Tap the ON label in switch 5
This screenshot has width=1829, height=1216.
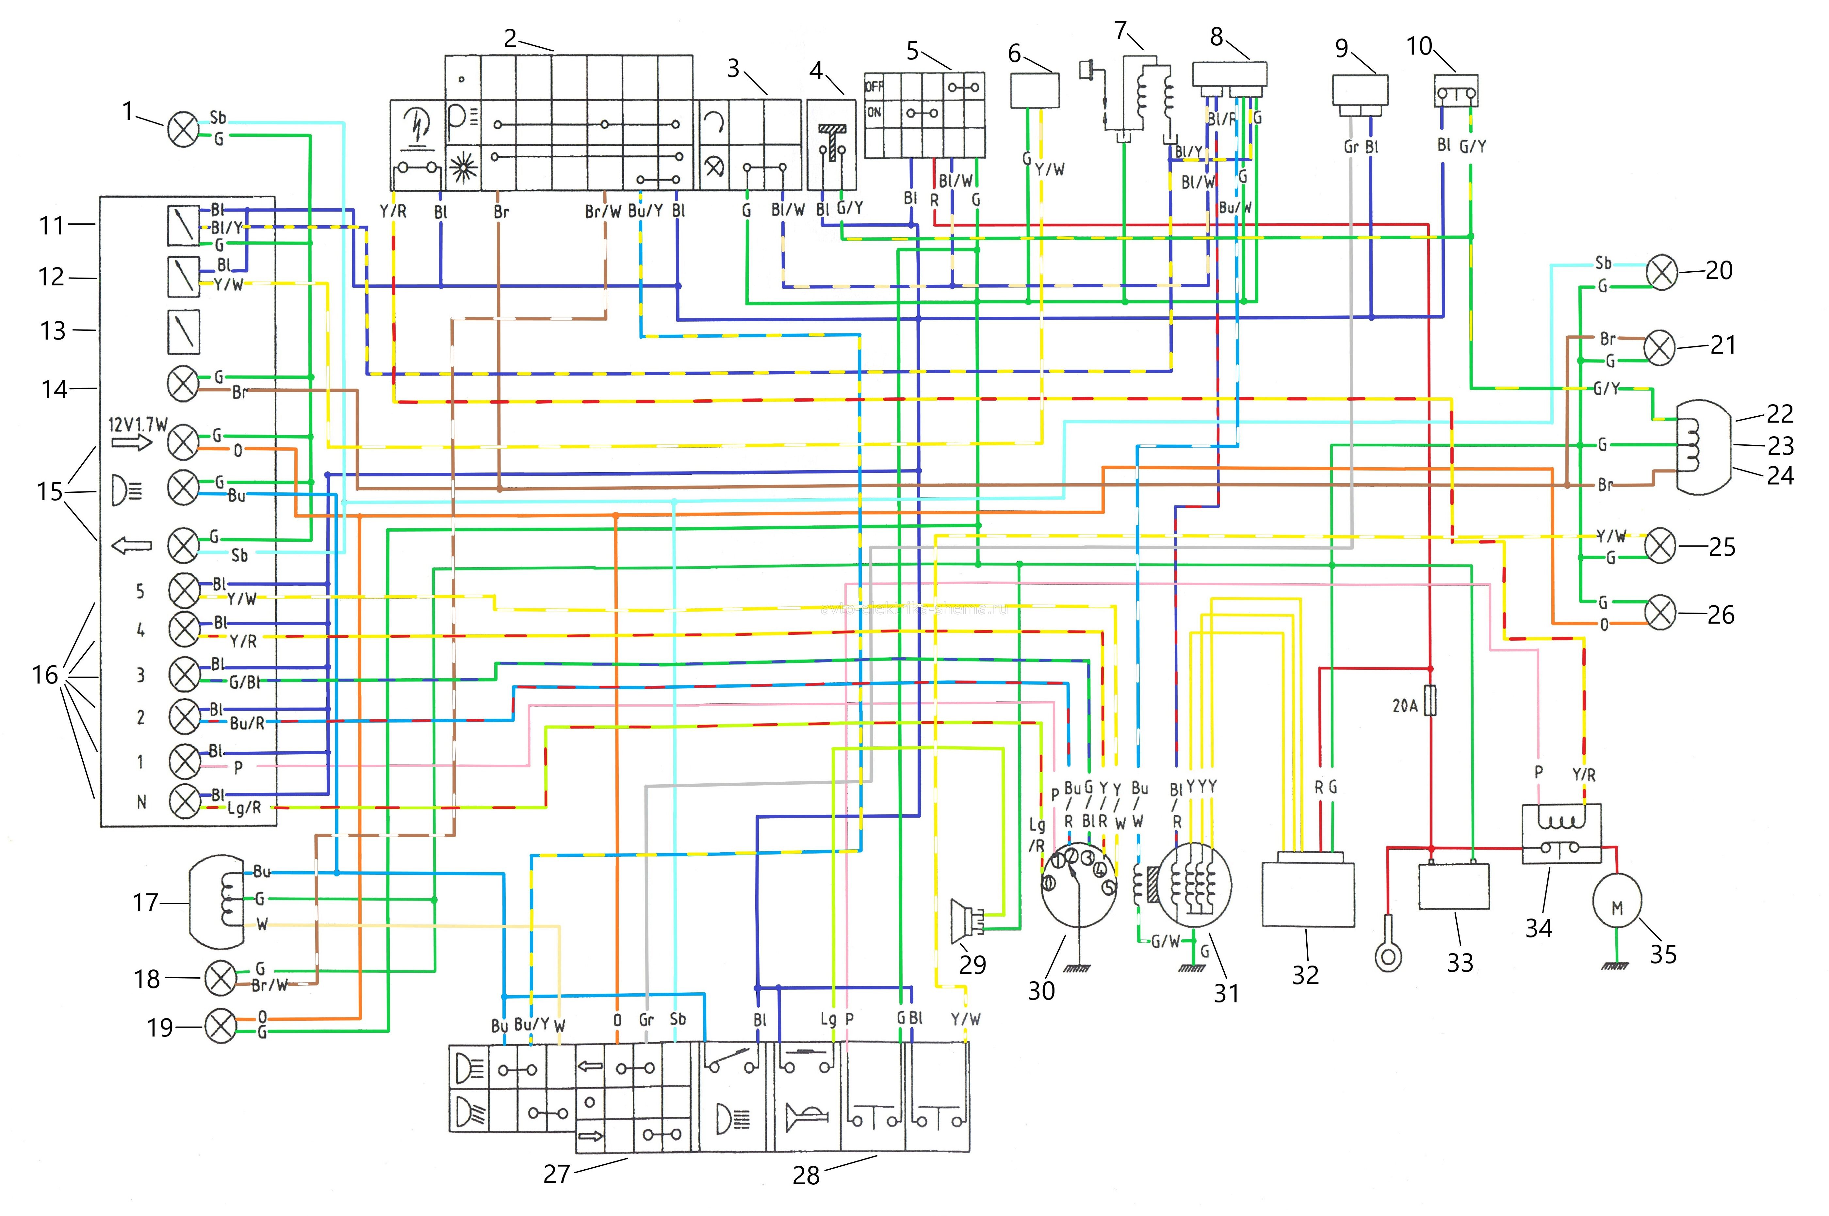point(874,112)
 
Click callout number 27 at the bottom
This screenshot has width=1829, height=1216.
point(556,1173)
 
